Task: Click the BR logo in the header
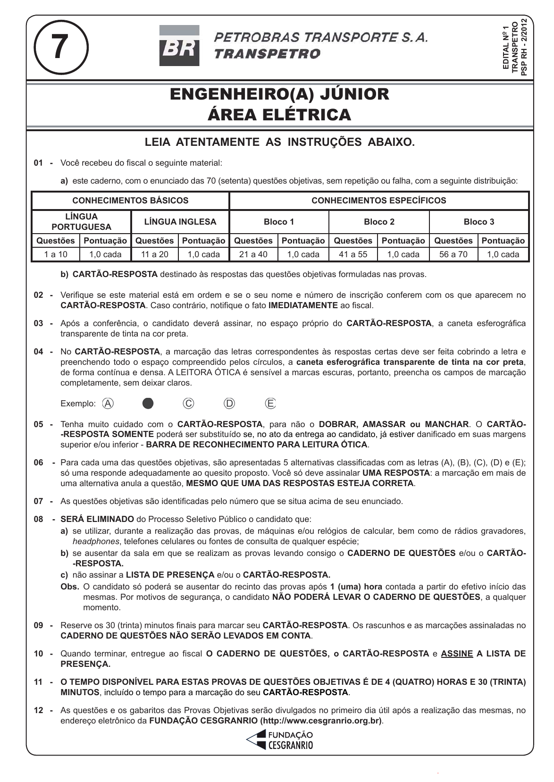(x=179, y=46)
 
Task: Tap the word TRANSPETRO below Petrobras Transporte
(x=267, y=54)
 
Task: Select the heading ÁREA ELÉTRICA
(x=279, y=115)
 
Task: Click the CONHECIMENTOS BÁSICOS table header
(x=130, y=201)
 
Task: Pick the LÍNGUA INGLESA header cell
(x=180, y=222)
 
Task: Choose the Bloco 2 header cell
(x=379, y=222)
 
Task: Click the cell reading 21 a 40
(x=253, y=254)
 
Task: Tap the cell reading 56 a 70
(x=453, y=254)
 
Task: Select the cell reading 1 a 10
(x=56, y=254)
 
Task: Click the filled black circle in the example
(x=148, y=404)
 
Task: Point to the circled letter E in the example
(x=270, y=404)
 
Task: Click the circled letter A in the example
(x=108, y=404)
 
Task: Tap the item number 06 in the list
(x=39, y=462)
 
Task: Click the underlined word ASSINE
(x=457, y=654)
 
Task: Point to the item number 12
(x=39, y=710)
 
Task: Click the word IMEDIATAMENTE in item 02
(x=303, y=305)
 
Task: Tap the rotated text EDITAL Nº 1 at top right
(x=506, y=47)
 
